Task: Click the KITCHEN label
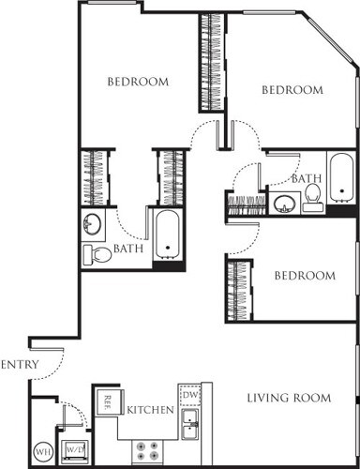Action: tap(148, 410)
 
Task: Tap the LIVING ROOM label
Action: tap(289, 398)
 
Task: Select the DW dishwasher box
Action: tap(188, 394)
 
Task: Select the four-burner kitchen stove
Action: tap(147, 451)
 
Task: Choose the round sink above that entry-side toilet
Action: tap(92, 225)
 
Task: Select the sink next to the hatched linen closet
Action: tap(284, 203)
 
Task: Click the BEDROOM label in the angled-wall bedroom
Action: tap(292, 90)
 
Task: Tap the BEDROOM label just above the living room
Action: tap(304, 276)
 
